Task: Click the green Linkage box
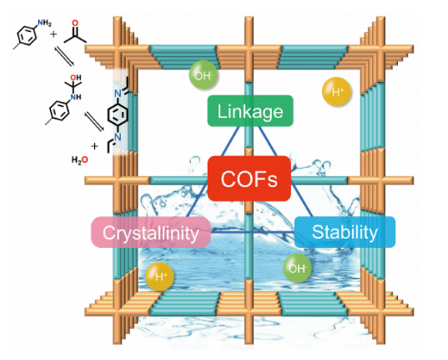(x=250, y=112)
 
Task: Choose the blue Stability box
(x=344, y=232)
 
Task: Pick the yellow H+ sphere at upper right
(x=337, y=92)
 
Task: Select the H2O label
(x=78, y=159)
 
